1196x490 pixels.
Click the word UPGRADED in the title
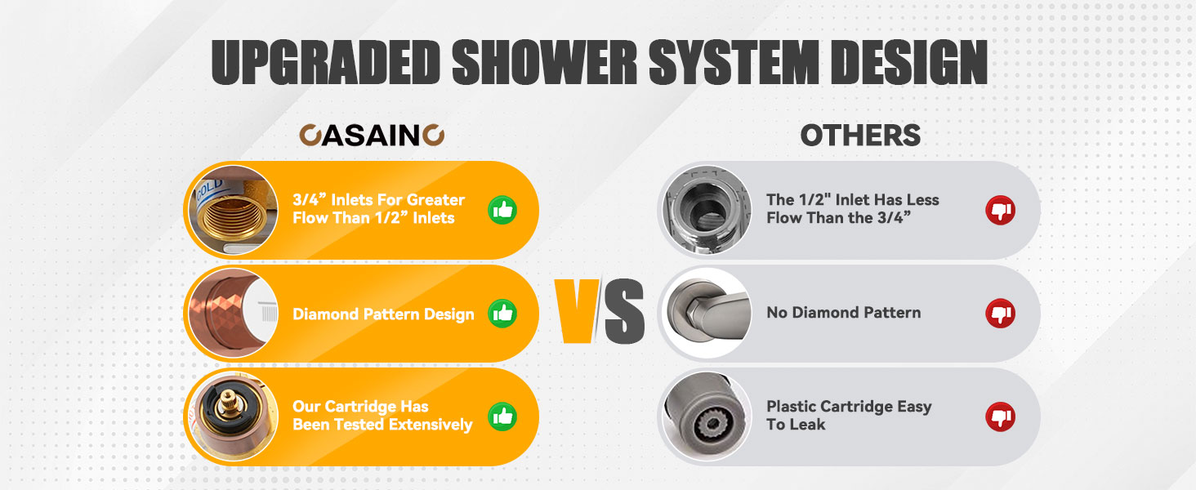coord(326,62)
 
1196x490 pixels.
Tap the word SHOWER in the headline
coord(545,62)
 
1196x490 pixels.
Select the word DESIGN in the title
coord(908,62)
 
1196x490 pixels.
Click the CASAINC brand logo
coord(372,135)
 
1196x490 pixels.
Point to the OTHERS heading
coord(860,135)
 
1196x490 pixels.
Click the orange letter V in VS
coord(577,310)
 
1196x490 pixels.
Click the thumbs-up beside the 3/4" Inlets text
coord(502,211)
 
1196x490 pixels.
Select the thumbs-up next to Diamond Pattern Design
coord(502,314)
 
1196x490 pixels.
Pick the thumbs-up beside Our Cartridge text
coord(502,416)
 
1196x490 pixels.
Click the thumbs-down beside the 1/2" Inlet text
coord(1000,211)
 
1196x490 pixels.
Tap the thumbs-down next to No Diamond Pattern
coord(1000,314)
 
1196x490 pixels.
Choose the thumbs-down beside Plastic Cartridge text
coord(1000,416)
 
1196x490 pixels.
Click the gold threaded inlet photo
coord(234,211)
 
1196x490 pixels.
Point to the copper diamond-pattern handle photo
coord(234,314)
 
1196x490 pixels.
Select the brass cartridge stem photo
coord(234,416)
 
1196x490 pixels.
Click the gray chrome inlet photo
coord(707,211)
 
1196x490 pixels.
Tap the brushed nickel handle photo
coord(707,314)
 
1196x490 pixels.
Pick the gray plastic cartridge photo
coord(707,416)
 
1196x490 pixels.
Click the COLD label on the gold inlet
coord(209,189)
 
